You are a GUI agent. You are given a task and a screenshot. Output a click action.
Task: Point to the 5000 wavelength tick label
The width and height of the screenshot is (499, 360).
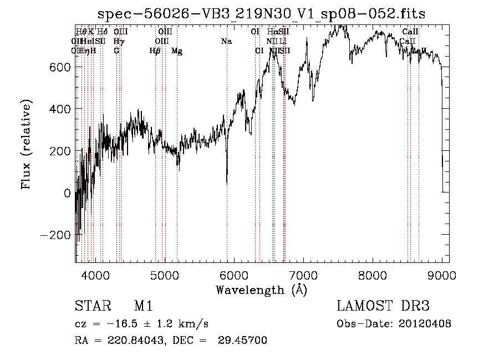165,275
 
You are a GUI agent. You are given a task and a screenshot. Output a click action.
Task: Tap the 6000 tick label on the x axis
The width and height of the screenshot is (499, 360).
234,275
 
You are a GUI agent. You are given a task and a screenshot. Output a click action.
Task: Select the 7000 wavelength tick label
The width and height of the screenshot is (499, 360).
303,275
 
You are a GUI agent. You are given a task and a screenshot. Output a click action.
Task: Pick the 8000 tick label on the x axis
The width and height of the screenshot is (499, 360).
373,275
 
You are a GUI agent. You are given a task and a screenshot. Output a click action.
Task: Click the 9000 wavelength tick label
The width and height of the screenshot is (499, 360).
442,275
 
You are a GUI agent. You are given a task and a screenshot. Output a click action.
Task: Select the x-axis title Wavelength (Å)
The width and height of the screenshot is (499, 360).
261,290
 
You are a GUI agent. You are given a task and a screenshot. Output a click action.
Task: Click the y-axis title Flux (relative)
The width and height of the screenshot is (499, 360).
27,144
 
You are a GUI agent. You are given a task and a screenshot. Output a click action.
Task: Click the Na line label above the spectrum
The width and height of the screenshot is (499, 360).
226,42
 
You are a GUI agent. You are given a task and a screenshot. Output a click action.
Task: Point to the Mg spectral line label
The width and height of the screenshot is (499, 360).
177,51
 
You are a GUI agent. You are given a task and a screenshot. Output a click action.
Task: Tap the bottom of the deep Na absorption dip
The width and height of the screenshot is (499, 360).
227,183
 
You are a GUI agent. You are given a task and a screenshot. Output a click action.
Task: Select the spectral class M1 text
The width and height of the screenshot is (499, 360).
143,306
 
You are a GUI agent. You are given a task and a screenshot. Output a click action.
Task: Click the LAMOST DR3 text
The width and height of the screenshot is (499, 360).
383,306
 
